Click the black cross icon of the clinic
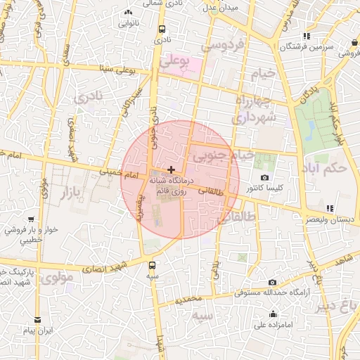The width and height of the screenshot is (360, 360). pyautogui.click(x=172, y=169)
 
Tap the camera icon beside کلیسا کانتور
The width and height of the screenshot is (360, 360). pyautogui.click(x=264, y=178)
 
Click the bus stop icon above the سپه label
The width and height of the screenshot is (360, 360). pyautogui.click(x=153, y=266)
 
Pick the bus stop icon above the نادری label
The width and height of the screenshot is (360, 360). pyautogui.click(x=162, y=30)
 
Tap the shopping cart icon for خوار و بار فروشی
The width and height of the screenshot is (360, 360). pyautogui.click(x=32, y=219)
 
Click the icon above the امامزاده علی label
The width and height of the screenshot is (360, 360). pyautogui.click(x=273, y=314)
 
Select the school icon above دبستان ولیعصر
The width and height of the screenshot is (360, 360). pyautogui.click(x=329, y=208)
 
